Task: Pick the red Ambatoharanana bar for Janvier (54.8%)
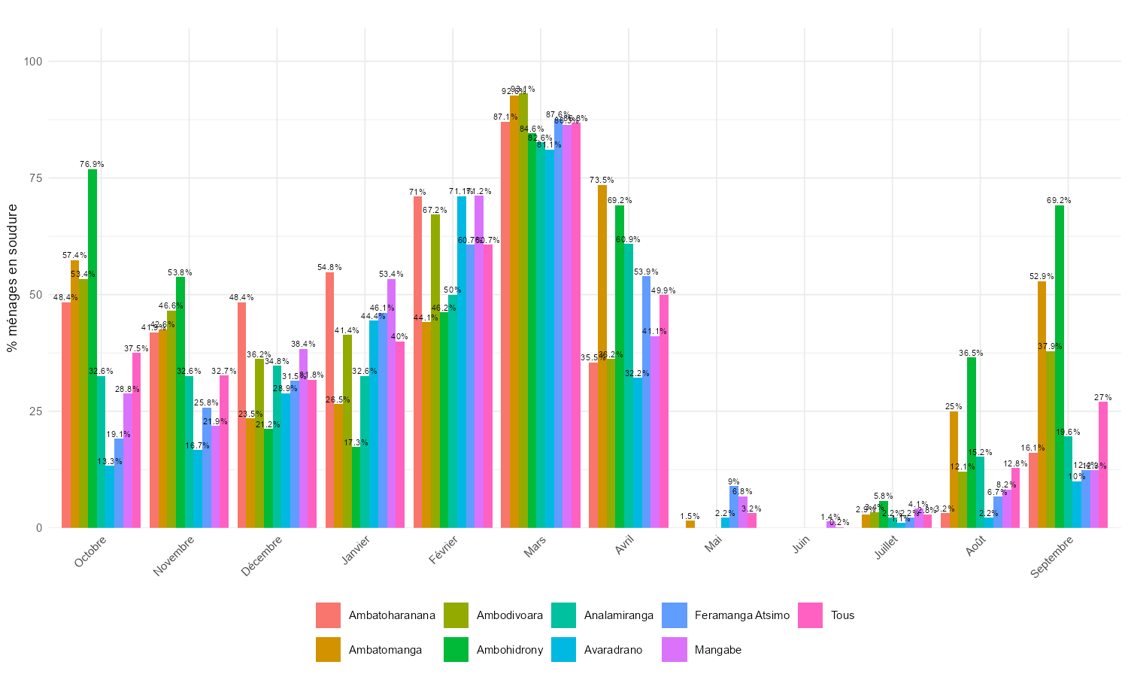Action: (329, 399)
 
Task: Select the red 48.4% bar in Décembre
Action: (242, 414)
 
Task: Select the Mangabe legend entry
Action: (717, 650)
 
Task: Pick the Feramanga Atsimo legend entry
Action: (741, 615)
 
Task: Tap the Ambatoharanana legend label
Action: (392, 615)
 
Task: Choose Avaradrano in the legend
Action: (613, 650)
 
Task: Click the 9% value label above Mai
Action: (733, 481)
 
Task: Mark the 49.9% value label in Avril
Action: (663, 290)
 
